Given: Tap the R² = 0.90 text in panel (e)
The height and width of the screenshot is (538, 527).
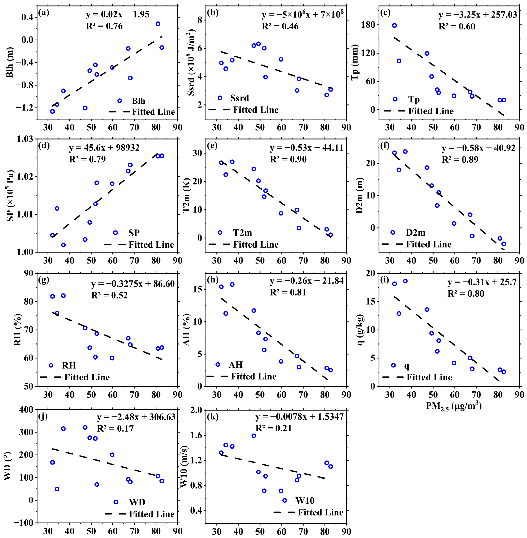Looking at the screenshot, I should click(288, 160).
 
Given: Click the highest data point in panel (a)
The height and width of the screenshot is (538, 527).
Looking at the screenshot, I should click(158, 24).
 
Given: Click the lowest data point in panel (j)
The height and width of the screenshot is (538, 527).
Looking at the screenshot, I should click(57, 489).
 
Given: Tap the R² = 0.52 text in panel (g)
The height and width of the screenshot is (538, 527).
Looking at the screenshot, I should click(110, 295).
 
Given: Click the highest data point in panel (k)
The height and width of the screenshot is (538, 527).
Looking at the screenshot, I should click(254, 436).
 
